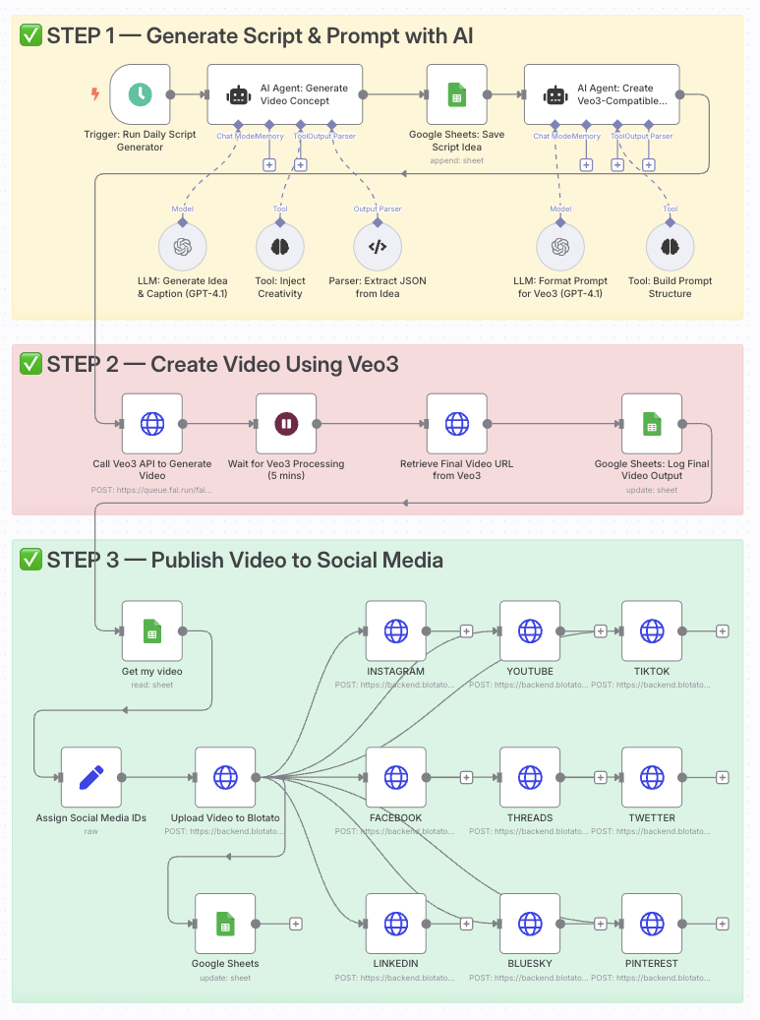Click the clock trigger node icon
[x=140, y=94]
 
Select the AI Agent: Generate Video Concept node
[x=285, y=94]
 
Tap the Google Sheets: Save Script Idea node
[x=457, y=94]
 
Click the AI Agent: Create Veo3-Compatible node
[x=602, y=94]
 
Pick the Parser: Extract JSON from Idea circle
[x=377, y=247]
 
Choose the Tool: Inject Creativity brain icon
[x=280, y=247]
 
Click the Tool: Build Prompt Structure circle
[x=670, y=247]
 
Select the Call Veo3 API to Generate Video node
[x=152, y=424]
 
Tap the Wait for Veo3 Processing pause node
[x=286, y=424]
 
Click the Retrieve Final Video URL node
[x=457, y=424]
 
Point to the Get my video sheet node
[x=152, y=631]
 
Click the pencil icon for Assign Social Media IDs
[x=91, y=777]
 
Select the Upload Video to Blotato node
[x=225, y=777]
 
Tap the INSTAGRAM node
[x=395, y=631]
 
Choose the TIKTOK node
[x=652, y=631]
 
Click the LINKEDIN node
[x=395, y=924]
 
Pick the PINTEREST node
[x=652, y=924]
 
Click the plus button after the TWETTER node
[x=723, y=777]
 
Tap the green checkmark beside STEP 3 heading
[x=30, y=560]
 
